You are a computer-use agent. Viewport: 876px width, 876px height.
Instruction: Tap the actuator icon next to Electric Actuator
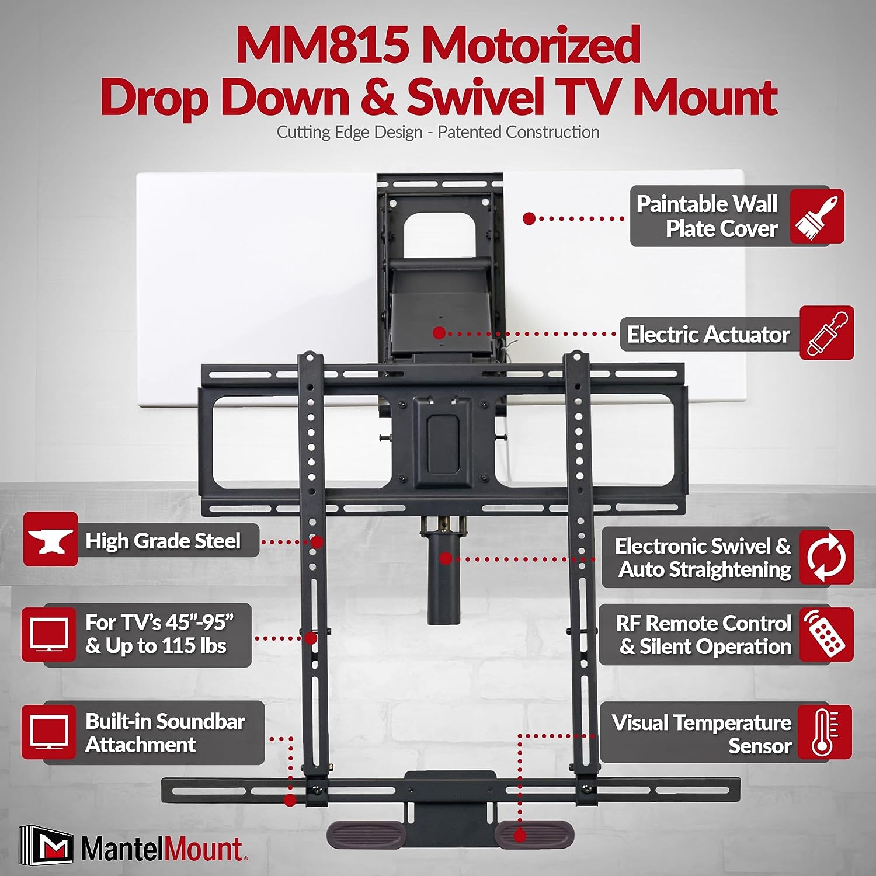coord(827,333)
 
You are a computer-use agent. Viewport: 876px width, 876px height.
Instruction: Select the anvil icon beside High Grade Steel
coord(50,540)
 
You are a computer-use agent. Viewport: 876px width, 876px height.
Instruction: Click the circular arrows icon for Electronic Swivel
coord(826,557)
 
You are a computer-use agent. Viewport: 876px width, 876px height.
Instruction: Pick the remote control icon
coord(826,635)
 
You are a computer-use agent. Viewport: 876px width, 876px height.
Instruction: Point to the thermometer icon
coord(825,732)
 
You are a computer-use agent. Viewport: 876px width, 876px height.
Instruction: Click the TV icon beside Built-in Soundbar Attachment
coord(49,732)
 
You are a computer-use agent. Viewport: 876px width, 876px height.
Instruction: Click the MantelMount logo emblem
coord(46,844)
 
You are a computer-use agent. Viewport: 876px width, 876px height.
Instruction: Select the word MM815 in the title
coord(322,46)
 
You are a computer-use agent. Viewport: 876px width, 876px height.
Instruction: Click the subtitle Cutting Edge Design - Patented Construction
coord(438,133)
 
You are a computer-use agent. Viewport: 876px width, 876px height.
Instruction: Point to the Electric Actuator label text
coord(708,335)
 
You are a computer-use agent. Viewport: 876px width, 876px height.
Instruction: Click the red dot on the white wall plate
coord(529,219)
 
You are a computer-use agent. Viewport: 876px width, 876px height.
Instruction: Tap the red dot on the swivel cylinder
coord(446,559)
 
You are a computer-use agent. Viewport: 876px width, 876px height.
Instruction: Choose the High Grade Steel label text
coord(163,541)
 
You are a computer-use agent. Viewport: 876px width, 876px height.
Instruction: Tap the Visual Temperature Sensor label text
coord(702,734)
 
